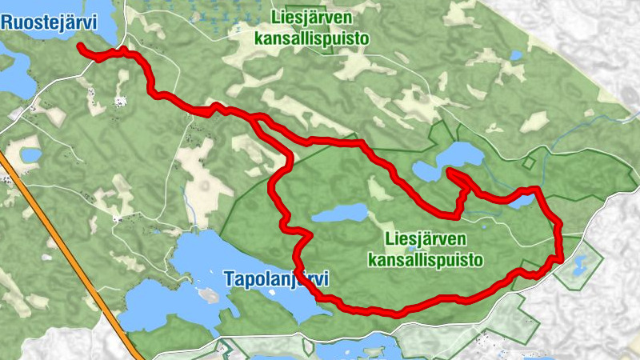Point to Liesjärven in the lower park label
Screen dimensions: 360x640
tap(425, 239)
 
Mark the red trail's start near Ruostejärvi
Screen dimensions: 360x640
tap(81, 47)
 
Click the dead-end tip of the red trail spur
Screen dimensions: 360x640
tap(449, 170)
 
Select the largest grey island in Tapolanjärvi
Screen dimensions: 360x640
tap(209, 295)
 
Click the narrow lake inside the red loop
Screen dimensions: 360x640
tap(340, 213)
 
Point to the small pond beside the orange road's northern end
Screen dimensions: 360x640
tap(30, 153)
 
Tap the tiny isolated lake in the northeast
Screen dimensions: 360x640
tap(515, 56)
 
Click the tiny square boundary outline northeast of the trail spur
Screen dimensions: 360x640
tap(528, 162)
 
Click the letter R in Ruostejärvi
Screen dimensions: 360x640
tap(7, 22)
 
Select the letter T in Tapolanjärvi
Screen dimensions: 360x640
tap(230, 278)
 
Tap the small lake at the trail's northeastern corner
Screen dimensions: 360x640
tap(521, 200)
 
